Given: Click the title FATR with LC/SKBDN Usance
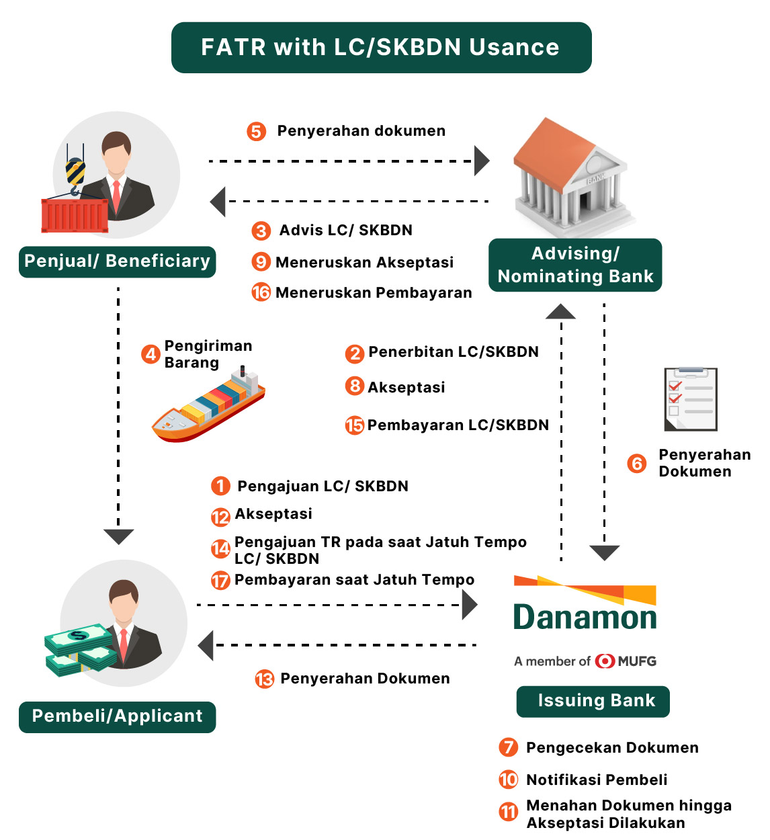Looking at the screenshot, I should tap(381, 47).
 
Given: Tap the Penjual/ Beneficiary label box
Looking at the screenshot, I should tap(117, 261).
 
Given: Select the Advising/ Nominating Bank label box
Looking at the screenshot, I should tap(575, 265).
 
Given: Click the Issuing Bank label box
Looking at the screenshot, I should tap(593, 701).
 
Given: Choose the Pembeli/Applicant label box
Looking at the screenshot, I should tap(117, 716).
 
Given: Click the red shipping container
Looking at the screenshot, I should tap(75, 215).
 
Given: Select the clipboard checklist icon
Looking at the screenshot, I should tap(691, 399).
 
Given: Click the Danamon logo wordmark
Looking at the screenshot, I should tap(585, 617).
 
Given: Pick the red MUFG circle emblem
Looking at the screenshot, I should tap(605, 661).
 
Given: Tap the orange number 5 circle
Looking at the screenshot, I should tap(256, 131).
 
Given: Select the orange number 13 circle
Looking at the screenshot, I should tap(265, 679).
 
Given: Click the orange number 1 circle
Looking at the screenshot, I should tap(220, 486).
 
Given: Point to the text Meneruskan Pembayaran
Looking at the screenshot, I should tap(374, 293).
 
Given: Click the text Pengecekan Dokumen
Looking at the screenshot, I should tap(612, 748).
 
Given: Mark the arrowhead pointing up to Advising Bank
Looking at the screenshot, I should tap(560, 312).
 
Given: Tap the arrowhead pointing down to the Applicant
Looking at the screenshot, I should tap(119, 536).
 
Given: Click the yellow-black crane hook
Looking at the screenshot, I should tap(75, 173).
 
